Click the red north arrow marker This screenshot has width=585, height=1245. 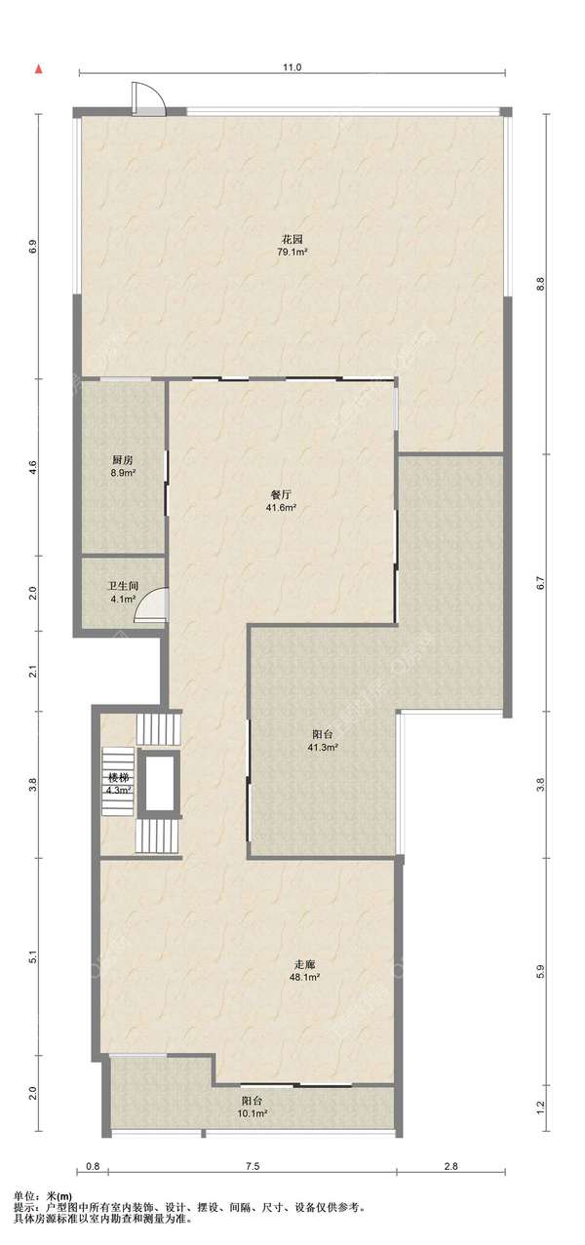[x=39, y=69]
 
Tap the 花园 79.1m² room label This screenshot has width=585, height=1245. [x=292, y=245]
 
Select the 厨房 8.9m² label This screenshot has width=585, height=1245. [x=124, y=466]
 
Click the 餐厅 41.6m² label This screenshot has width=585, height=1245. [x=283, y=500]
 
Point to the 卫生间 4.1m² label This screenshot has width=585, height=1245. [x=123, y=592]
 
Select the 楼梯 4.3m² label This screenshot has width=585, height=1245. [x=118, y=783]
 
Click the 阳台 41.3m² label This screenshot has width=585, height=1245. [x=323, y=741]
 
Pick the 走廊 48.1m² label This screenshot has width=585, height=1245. [x=304, y=970]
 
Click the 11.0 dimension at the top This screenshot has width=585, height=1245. [x=292, y=67]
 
